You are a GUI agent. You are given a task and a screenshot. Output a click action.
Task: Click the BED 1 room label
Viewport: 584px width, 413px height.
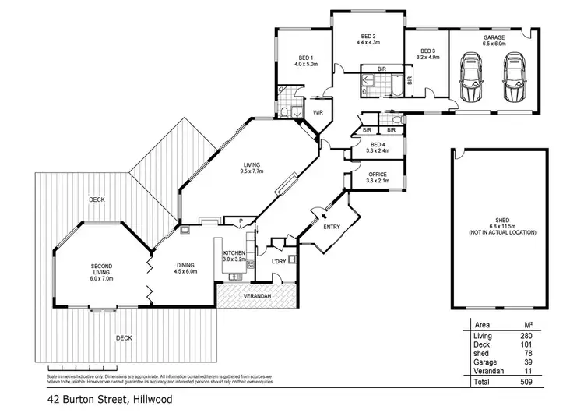[x=306, y=57]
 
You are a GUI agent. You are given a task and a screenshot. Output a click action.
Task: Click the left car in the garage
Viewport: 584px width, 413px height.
[x=473, y=78]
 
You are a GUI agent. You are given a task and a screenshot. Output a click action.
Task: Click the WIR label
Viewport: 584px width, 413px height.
[x=318, y=112]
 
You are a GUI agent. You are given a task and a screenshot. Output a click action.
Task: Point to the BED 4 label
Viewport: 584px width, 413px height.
[x=378, y=145]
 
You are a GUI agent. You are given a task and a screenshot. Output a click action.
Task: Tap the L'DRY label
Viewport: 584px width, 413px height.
[x=278, y=260]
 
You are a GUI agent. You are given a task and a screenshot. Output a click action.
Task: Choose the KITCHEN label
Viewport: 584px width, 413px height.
[x=234, y=253]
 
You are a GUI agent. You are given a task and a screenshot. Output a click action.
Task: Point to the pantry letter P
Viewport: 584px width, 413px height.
[x=242, y=221]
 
